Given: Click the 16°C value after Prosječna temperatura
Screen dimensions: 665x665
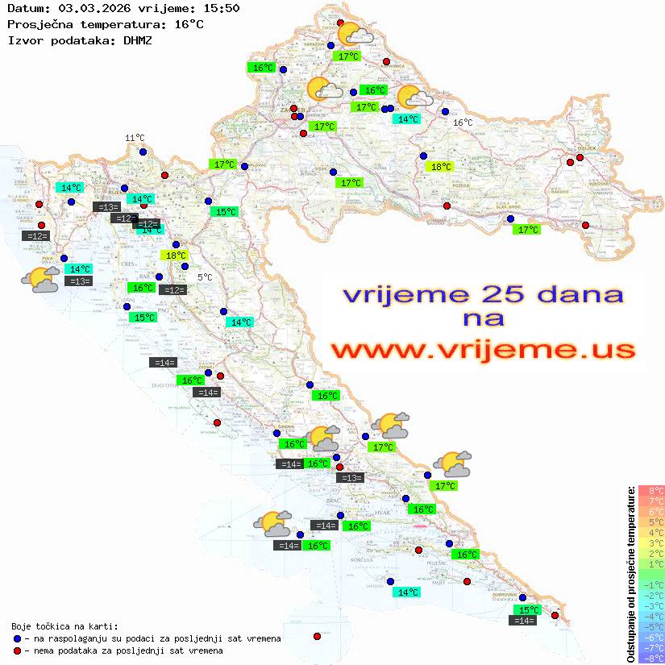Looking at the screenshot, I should (x=189, y=24).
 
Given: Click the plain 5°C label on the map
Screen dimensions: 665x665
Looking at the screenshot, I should (x=205, y=277).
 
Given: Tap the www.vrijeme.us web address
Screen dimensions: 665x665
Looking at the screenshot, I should (x=483, y=350).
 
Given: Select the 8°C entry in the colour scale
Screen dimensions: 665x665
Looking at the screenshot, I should (x=651, y=490).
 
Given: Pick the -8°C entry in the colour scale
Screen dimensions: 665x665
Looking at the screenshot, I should (x=651, y=658).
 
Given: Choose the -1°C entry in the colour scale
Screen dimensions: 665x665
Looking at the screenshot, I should (x=651, y=584).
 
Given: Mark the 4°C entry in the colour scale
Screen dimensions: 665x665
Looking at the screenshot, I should (x=651, y=532).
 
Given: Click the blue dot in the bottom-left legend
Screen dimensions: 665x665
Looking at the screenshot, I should (x=17, y=638).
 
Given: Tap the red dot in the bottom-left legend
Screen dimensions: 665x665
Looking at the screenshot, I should (x=17, y=650).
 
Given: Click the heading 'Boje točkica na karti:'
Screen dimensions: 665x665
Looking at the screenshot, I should (x=64, y=626).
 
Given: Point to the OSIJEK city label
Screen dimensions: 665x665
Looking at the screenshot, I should (x=585, y=148).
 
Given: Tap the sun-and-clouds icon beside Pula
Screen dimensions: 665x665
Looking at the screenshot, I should (x=39, y=281).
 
